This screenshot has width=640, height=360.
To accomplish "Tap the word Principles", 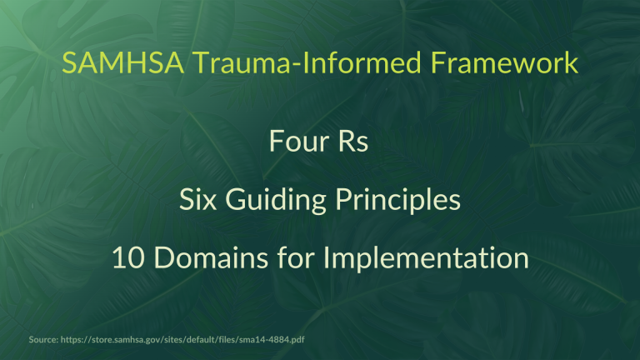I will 399,202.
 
